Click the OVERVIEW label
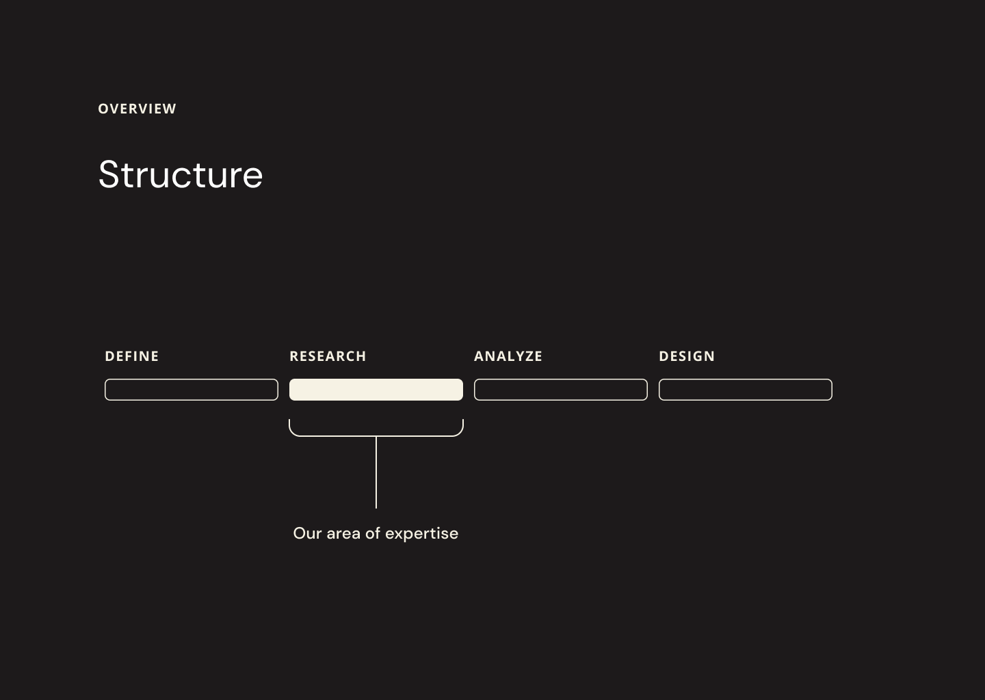coord(137,109)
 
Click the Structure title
coord(181,174)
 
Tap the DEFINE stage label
coord(132,356)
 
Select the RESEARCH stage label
coord(328,356)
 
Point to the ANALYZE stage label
coord(508,356)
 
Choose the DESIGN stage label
coord(687,356)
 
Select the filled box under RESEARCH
coord(376,390)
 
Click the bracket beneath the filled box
coord(376,436)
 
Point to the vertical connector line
coord(376,472)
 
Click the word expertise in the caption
coord(421,535)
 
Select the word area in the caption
coord(343,535)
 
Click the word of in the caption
coord(373,533)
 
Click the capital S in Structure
coord(109,174)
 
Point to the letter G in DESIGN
coord(698,356)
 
